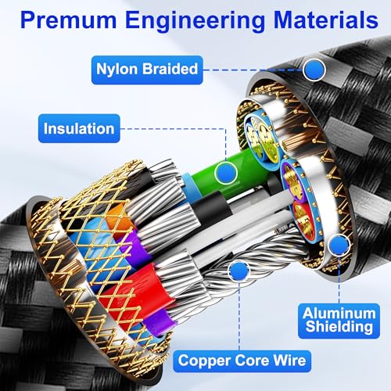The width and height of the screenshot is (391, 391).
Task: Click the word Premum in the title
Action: coord(68,20)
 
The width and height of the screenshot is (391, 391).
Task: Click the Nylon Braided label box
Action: coord(147,70)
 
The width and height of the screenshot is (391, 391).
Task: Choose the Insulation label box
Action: coord(79,128)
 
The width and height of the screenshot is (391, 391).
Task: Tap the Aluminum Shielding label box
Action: coord(339,321)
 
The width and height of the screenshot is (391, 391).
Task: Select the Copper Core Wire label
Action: coord(242,361)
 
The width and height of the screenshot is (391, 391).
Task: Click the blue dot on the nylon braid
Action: coord(314,70)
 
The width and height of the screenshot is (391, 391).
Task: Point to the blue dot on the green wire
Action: coord(226,173)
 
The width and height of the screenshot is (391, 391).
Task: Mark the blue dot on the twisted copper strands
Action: coord(239,271)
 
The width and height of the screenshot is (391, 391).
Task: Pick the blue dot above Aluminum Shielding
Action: coord(339,245)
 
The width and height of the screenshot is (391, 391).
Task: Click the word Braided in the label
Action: coord(170,69)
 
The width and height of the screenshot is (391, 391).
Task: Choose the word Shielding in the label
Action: coord(339,327)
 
